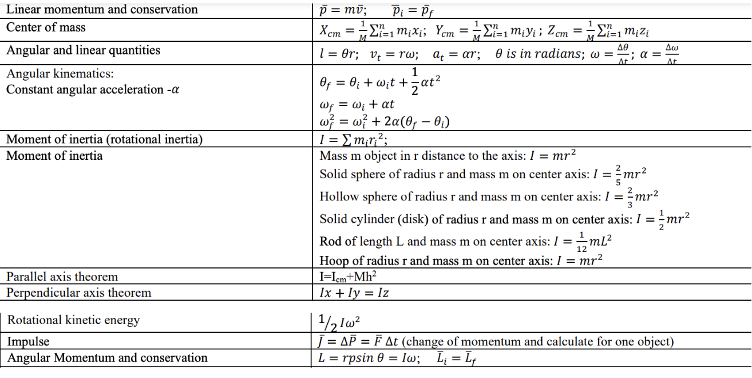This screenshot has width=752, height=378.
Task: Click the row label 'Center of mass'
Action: tap(46, 27)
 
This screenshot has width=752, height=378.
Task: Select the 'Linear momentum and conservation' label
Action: tap(102, 9)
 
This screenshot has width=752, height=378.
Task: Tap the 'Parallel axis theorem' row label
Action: tap(62, 277)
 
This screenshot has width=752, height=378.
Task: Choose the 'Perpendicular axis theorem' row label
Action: tap(78, 293)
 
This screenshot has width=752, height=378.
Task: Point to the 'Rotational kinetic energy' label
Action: tap(73, 320)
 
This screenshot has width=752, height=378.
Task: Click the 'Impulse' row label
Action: tap(28, 342)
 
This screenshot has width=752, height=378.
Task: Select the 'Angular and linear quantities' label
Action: tap(83, 50)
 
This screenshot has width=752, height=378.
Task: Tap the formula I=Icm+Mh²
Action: tap(348, 277)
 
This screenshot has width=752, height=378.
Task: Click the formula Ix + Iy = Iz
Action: tap(355, 293)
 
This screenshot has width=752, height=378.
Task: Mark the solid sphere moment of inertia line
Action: tap(483, 174)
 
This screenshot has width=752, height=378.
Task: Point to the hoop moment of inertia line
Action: tap(461, 261)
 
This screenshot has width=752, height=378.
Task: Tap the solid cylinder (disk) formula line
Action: tap(504, 219)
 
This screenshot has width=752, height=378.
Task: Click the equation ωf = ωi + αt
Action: tap(357, 105)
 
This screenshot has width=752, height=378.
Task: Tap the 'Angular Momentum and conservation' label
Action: tap(107, 358)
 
